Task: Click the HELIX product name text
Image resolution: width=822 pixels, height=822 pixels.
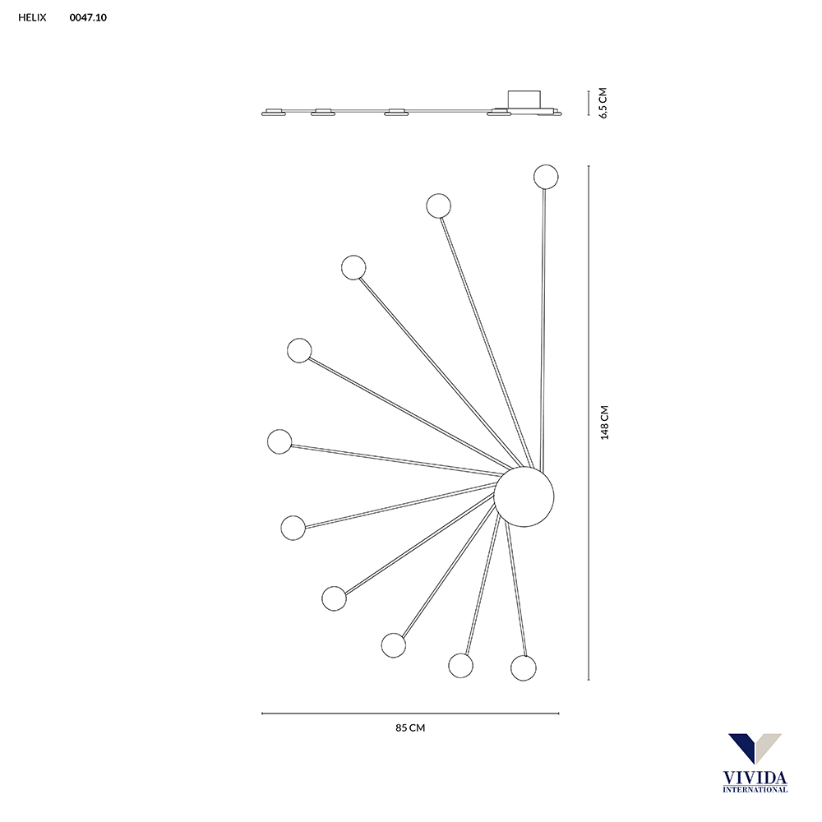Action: click(32, 17)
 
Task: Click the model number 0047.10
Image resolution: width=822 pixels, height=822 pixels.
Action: click(88, 17)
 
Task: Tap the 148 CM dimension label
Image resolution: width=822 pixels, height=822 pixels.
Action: click(604, 422)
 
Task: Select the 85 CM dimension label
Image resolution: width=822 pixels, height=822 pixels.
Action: click(410, 727)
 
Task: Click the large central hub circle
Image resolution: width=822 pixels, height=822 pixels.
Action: click(524, 497)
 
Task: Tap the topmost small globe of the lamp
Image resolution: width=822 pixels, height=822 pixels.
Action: click(546, 177)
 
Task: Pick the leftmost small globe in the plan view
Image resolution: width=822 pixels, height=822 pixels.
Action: click(279, 441)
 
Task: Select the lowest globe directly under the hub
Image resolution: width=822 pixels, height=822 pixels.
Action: click(523, 667)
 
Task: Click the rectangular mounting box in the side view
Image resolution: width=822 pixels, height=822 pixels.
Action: click(524, 99)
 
